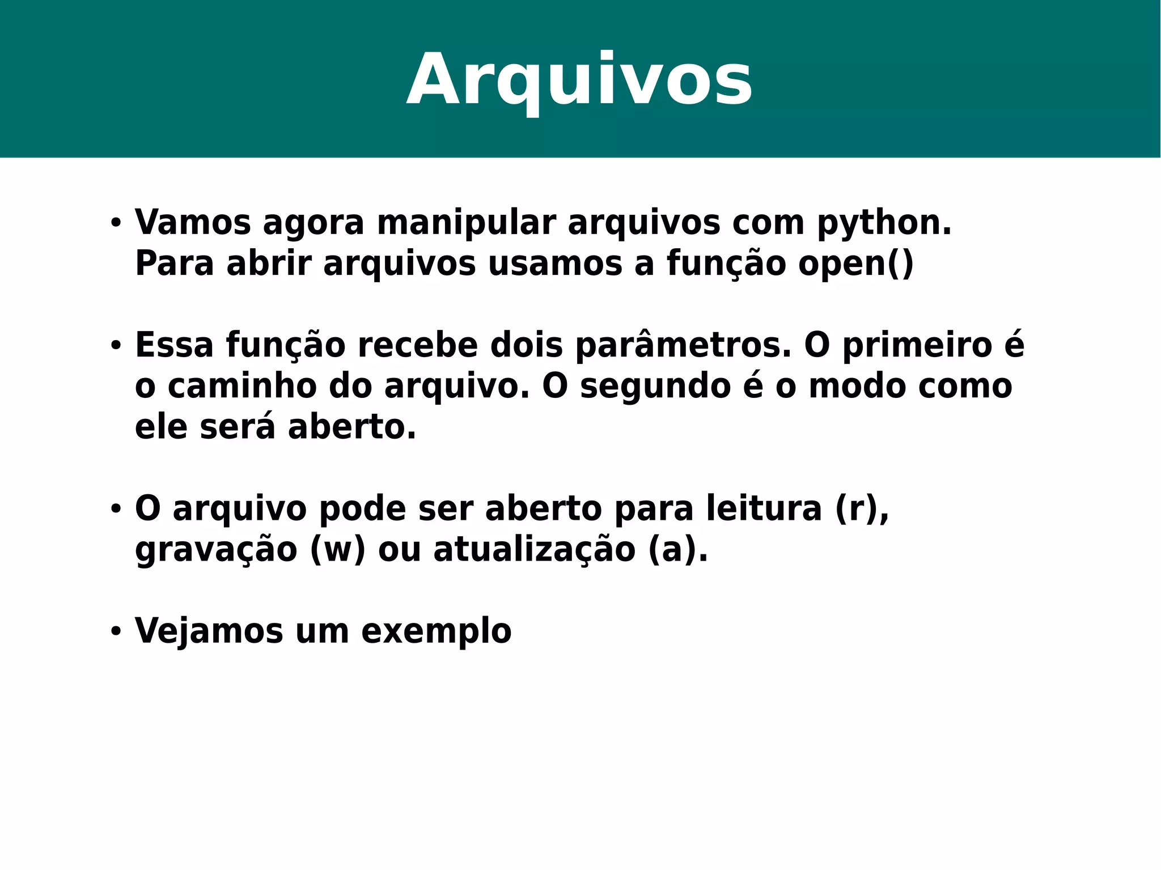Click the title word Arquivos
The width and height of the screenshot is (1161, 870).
coord(579,80)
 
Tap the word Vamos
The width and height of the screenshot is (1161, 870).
coord(193,222)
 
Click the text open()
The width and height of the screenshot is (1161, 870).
coord(856,264)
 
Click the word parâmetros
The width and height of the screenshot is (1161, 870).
coord(683,346)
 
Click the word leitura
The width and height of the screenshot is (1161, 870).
coord(764,508)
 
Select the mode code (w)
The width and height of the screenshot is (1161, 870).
coord(338,550)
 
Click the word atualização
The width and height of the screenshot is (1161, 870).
coord(534,550)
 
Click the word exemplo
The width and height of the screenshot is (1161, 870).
coord(436,631)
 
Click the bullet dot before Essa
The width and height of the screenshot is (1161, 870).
coord(116,345)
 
